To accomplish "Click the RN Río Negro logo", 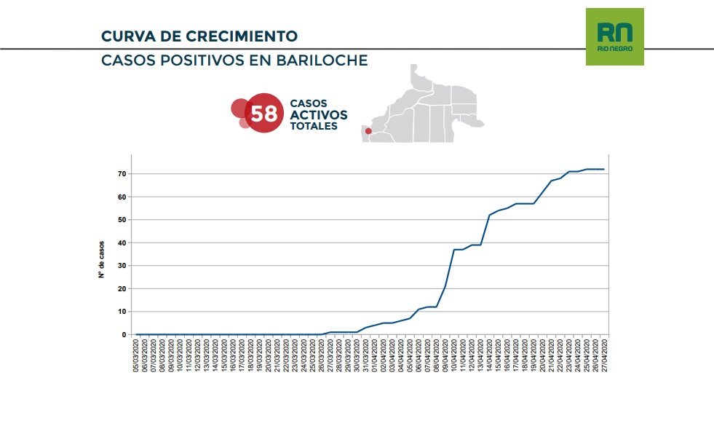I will (x=614, y=36).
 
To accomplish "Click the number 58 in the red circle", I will (x=263, y=114).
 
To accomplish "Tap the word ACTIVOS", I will (x=318, y=115).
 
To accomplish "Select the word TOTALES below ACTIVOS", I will (x=314, y=126).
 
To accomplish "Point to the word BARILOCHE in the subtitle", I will (x=322, y=60).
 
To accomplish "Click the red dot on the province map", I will (x=368, y=131).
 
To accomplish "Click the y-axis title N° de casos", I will (x=102, y=259).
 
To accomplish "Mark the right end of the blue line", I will (x=604, y=169).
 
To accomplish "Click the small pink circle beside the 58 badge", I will (x=245, y=122).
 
